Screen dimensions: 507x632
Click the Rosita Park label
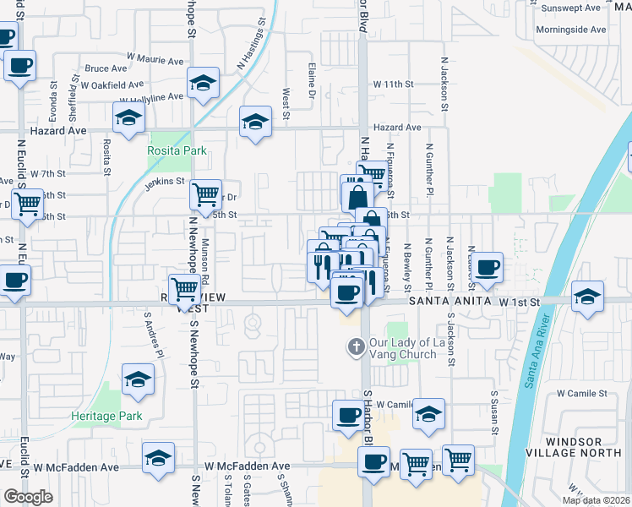click(177, 150)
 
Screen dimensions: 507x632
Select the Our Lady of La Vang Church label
click(402, 348)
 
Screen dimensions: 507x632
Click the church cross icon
click(356, 346)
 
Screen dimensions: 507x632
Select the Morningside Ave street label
click(571, 30)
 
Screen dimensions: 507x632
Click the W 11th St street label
click(394, 84)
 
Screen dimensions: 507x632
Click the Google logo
click(28, 497)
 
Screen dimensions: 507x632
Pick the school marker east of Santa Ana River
click(587, 297)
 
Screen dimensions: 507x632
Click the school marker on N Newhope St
click(202, 82)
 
